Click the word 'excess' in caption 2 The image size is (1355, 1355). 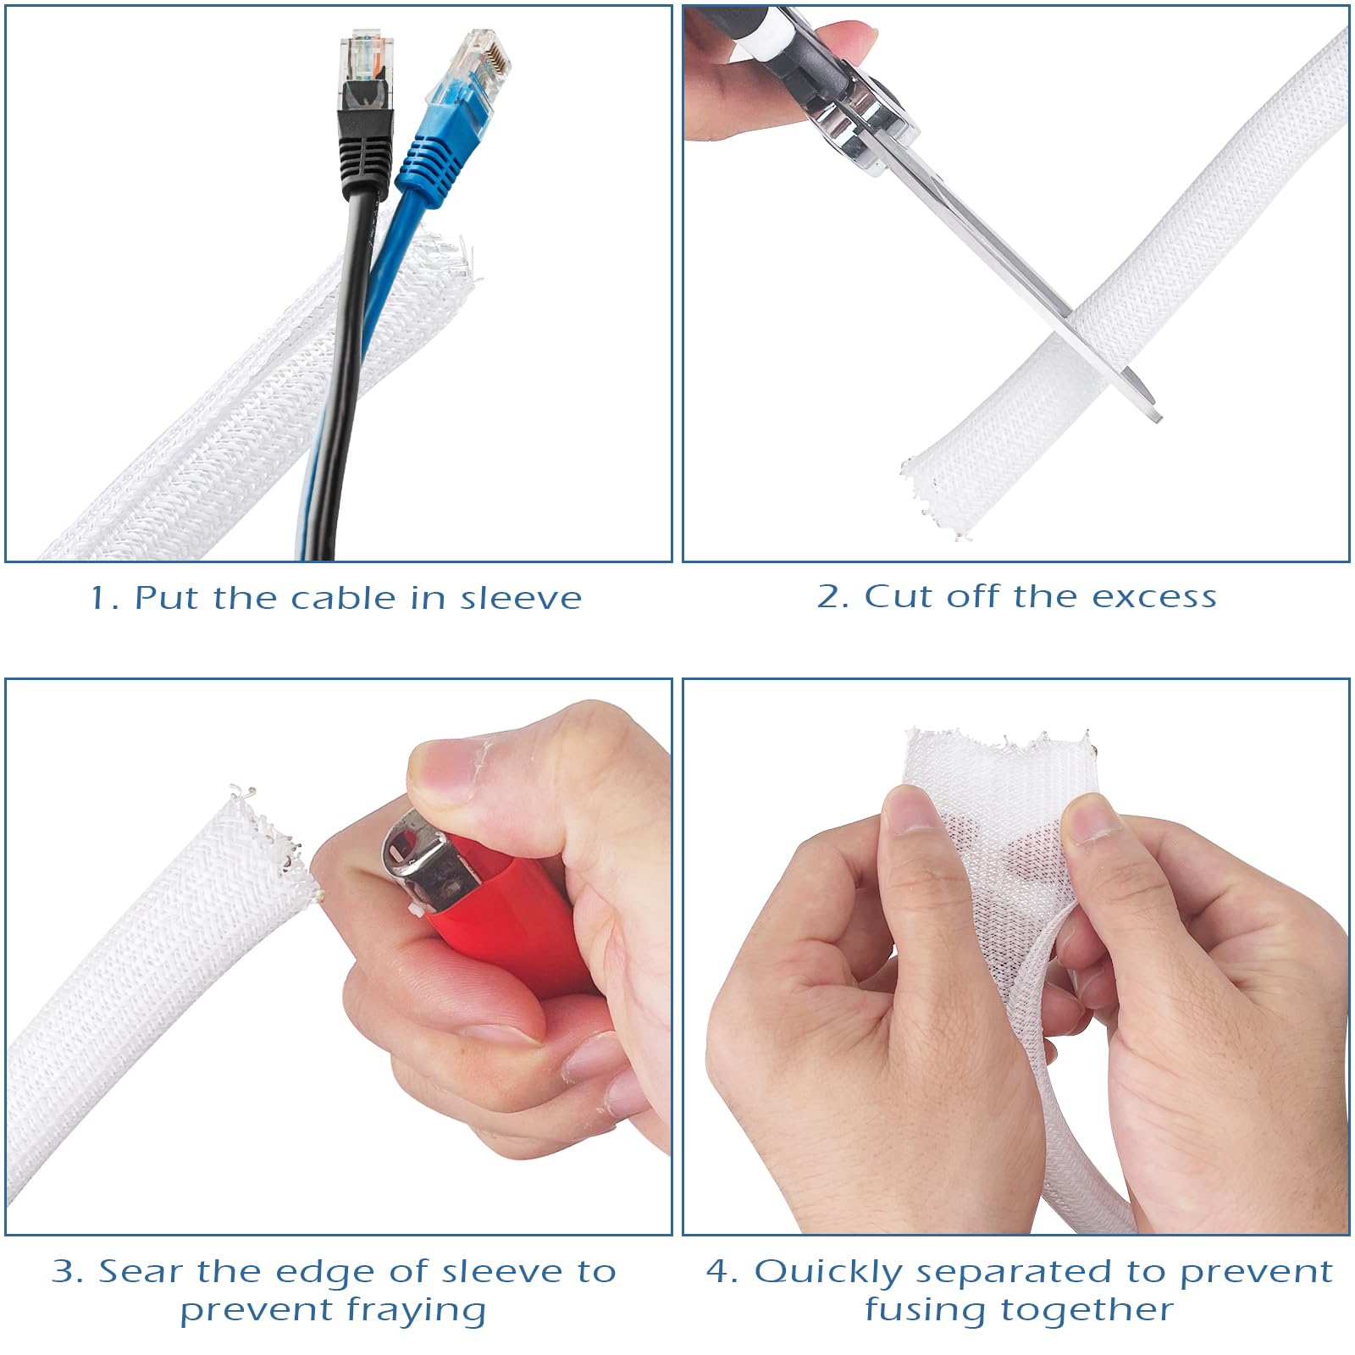click(x=1153, y=596)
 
